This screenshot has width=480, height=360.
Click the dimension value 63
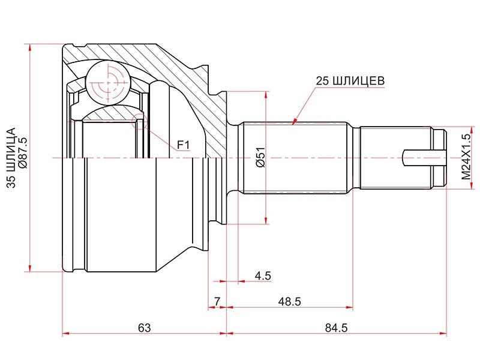(x=144, y=328)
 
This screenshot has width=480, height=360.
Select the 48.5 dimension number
(x=289, y=302)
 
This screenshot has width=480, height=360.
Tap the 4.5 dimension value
(x=263, y=276)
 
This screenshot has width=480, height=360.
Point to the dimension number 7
(x=217, y=302)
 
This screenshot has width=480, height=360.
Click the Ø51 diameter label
(x=260, y=157)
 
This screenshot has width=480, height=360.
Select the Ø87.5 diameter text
(x=23, y=153)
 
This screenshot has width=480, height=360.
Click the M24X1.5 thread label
(x=466, y=157)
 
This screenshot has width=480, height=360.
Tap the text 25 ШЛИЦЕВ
(x=350, y=81)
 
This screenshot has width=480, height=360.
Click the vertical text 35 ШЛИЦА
(x=11, y=158)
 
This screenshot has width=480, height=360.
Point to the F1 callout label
(x=184, y=145)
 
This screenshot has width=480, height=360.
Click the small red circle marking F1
(x=139, y=122)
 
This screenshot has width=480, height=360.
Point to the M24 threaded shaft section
(x=395, y=158)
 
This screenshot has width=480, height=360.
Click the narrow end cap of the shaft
(x=440, y=158)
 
